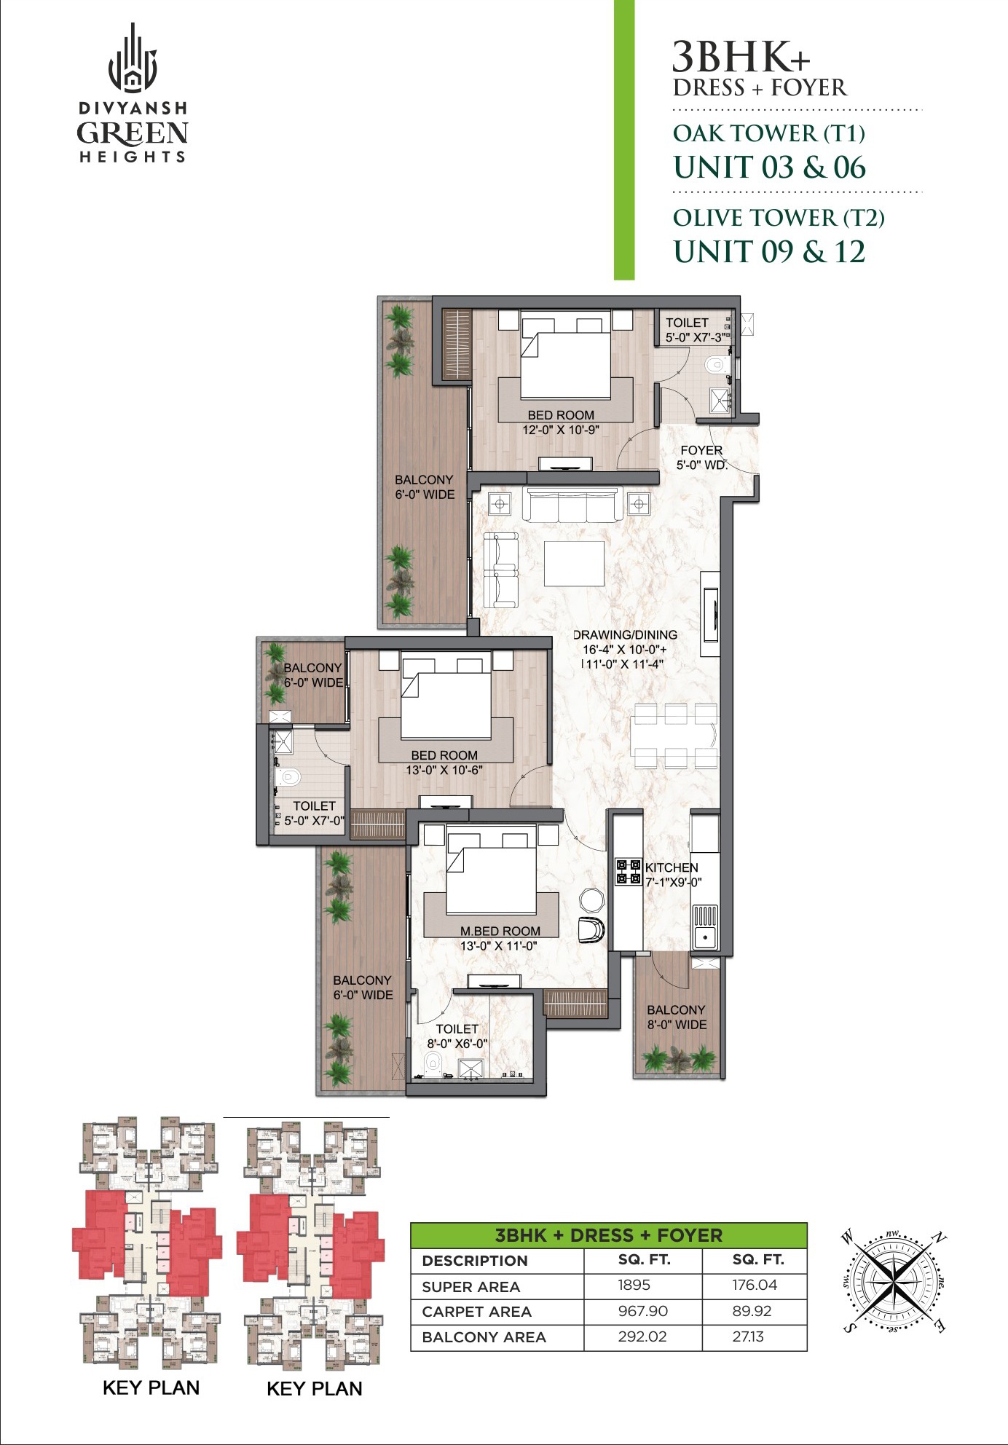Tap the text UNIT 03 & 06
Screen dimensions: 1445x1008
tap(769, 168)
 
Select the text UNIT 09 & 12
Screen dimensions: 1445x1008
tap(769, 252)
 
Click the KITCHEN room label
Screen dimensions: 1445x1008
tap(672, 867)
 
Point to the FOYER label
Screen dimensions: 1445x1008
tap(701, 450)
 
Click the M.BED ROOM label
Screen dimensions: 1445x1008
tap(500, 931)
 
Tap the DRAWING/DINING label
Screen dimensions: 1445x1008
tap(625, 635)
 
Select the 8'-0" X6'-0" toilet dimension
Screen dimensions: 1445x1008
tap(457, 1044)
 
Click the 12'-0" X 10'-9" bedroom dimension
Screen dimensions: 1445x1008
tap(561, 430)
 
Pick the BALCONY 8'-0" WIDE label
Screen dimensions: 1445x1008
tap(677, 1017)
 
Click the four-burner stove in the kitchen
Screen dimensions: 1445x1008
tap(629, 872)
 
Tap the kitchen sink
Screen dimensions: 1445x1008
tap(705, 937)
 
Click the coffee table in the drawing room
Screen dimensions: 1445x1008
tap(574, 563)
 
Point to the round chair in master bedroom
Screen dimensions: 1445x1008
tap(591, 899)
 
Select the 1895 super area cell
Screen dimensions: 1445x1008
tap(634, 1285)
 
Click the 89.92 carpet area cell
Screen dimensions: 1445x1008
tap(752, 1311)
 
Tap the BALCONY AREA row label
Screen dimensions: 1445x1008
tap(484, 1337)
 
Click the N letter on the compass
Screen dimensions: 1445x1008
tap(940, 1237)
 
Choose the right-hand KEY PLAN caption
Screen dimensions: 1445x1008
tap(315, 1388)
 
